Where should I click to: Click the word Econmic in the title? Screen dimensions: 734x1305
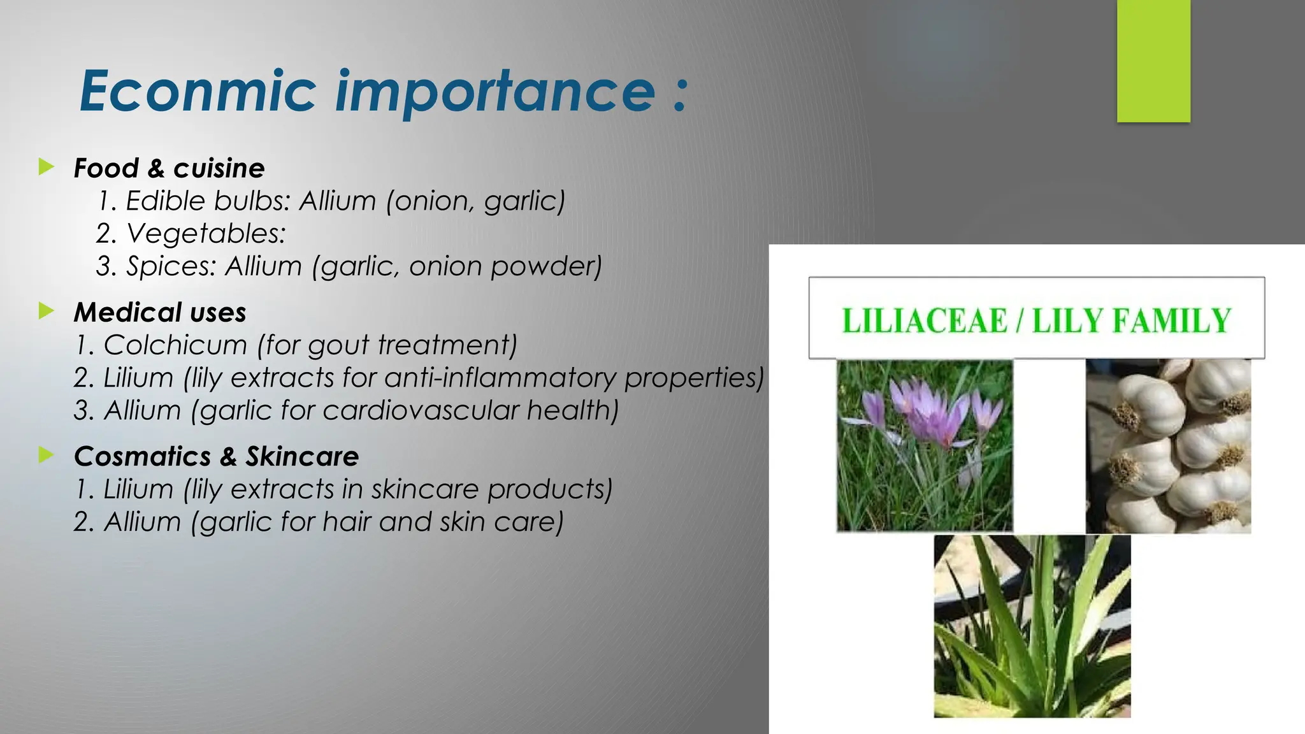198,91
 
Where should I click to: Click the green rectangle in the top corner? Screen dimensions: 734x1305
1153,61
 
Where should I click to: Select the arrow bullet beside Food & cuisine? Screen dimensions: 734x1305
46,168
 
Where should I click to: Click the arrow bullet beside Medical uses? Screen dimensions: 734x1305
46,312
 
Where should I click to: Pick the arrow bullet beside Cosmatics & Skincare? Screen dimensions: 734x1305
46,455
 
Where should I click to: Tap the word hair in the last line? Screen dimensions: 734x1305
347,522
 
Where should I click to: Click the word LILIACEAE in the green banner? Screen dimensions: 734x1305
924,320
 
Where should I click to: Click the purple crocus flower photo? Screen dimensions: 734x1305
924,445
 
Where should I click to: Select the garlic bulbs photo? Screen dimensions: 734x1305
1168,445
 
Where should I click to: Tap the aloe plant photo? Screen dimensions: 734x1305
1032,626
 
